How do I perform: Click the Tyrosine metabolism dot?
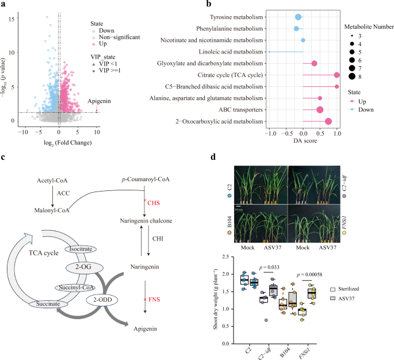(298, 17)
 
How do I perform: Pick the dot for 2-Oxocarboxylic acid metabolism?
(328, 121)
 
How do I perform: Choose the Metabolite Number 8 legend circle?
(351, 74)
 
